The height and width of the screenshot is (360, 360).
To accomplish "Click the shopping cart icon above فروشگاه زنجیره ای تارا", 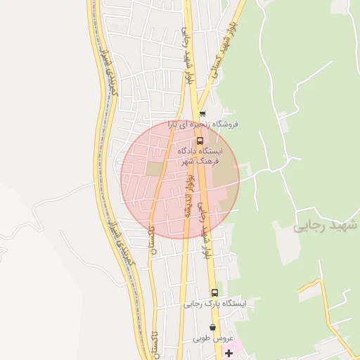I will click(x=202, y=114).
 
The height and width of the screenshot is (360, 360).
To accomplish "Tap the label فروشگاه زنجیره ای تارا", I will click(x=202, y=124).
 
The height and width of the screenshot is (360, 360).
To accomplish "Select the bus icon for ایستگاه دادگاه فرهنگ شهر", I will click(x=200, y=140).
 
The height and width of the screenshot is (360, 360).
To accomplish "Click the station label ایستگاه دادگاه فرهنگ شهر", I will click(x=198, y=156).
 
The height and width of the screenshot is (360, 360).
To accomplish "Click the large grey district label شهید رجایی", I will click(x=325, y=226).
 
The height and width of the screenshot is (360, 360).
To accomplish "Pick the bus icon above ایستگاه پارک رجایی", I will click(x=214, y=292).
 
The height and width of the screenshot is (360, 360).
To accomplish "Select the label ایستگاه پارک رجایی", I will click(x=214, y=304).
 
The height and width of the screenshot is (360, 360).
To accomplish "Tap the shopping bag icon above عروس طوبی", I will click(x=212, y=328).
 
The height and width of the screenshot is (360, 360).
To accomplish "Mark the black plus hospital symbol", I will click(x=228, y=352).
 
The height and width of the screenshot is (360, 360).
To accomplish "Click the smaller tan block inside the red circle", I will click(x=153, y=169).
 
